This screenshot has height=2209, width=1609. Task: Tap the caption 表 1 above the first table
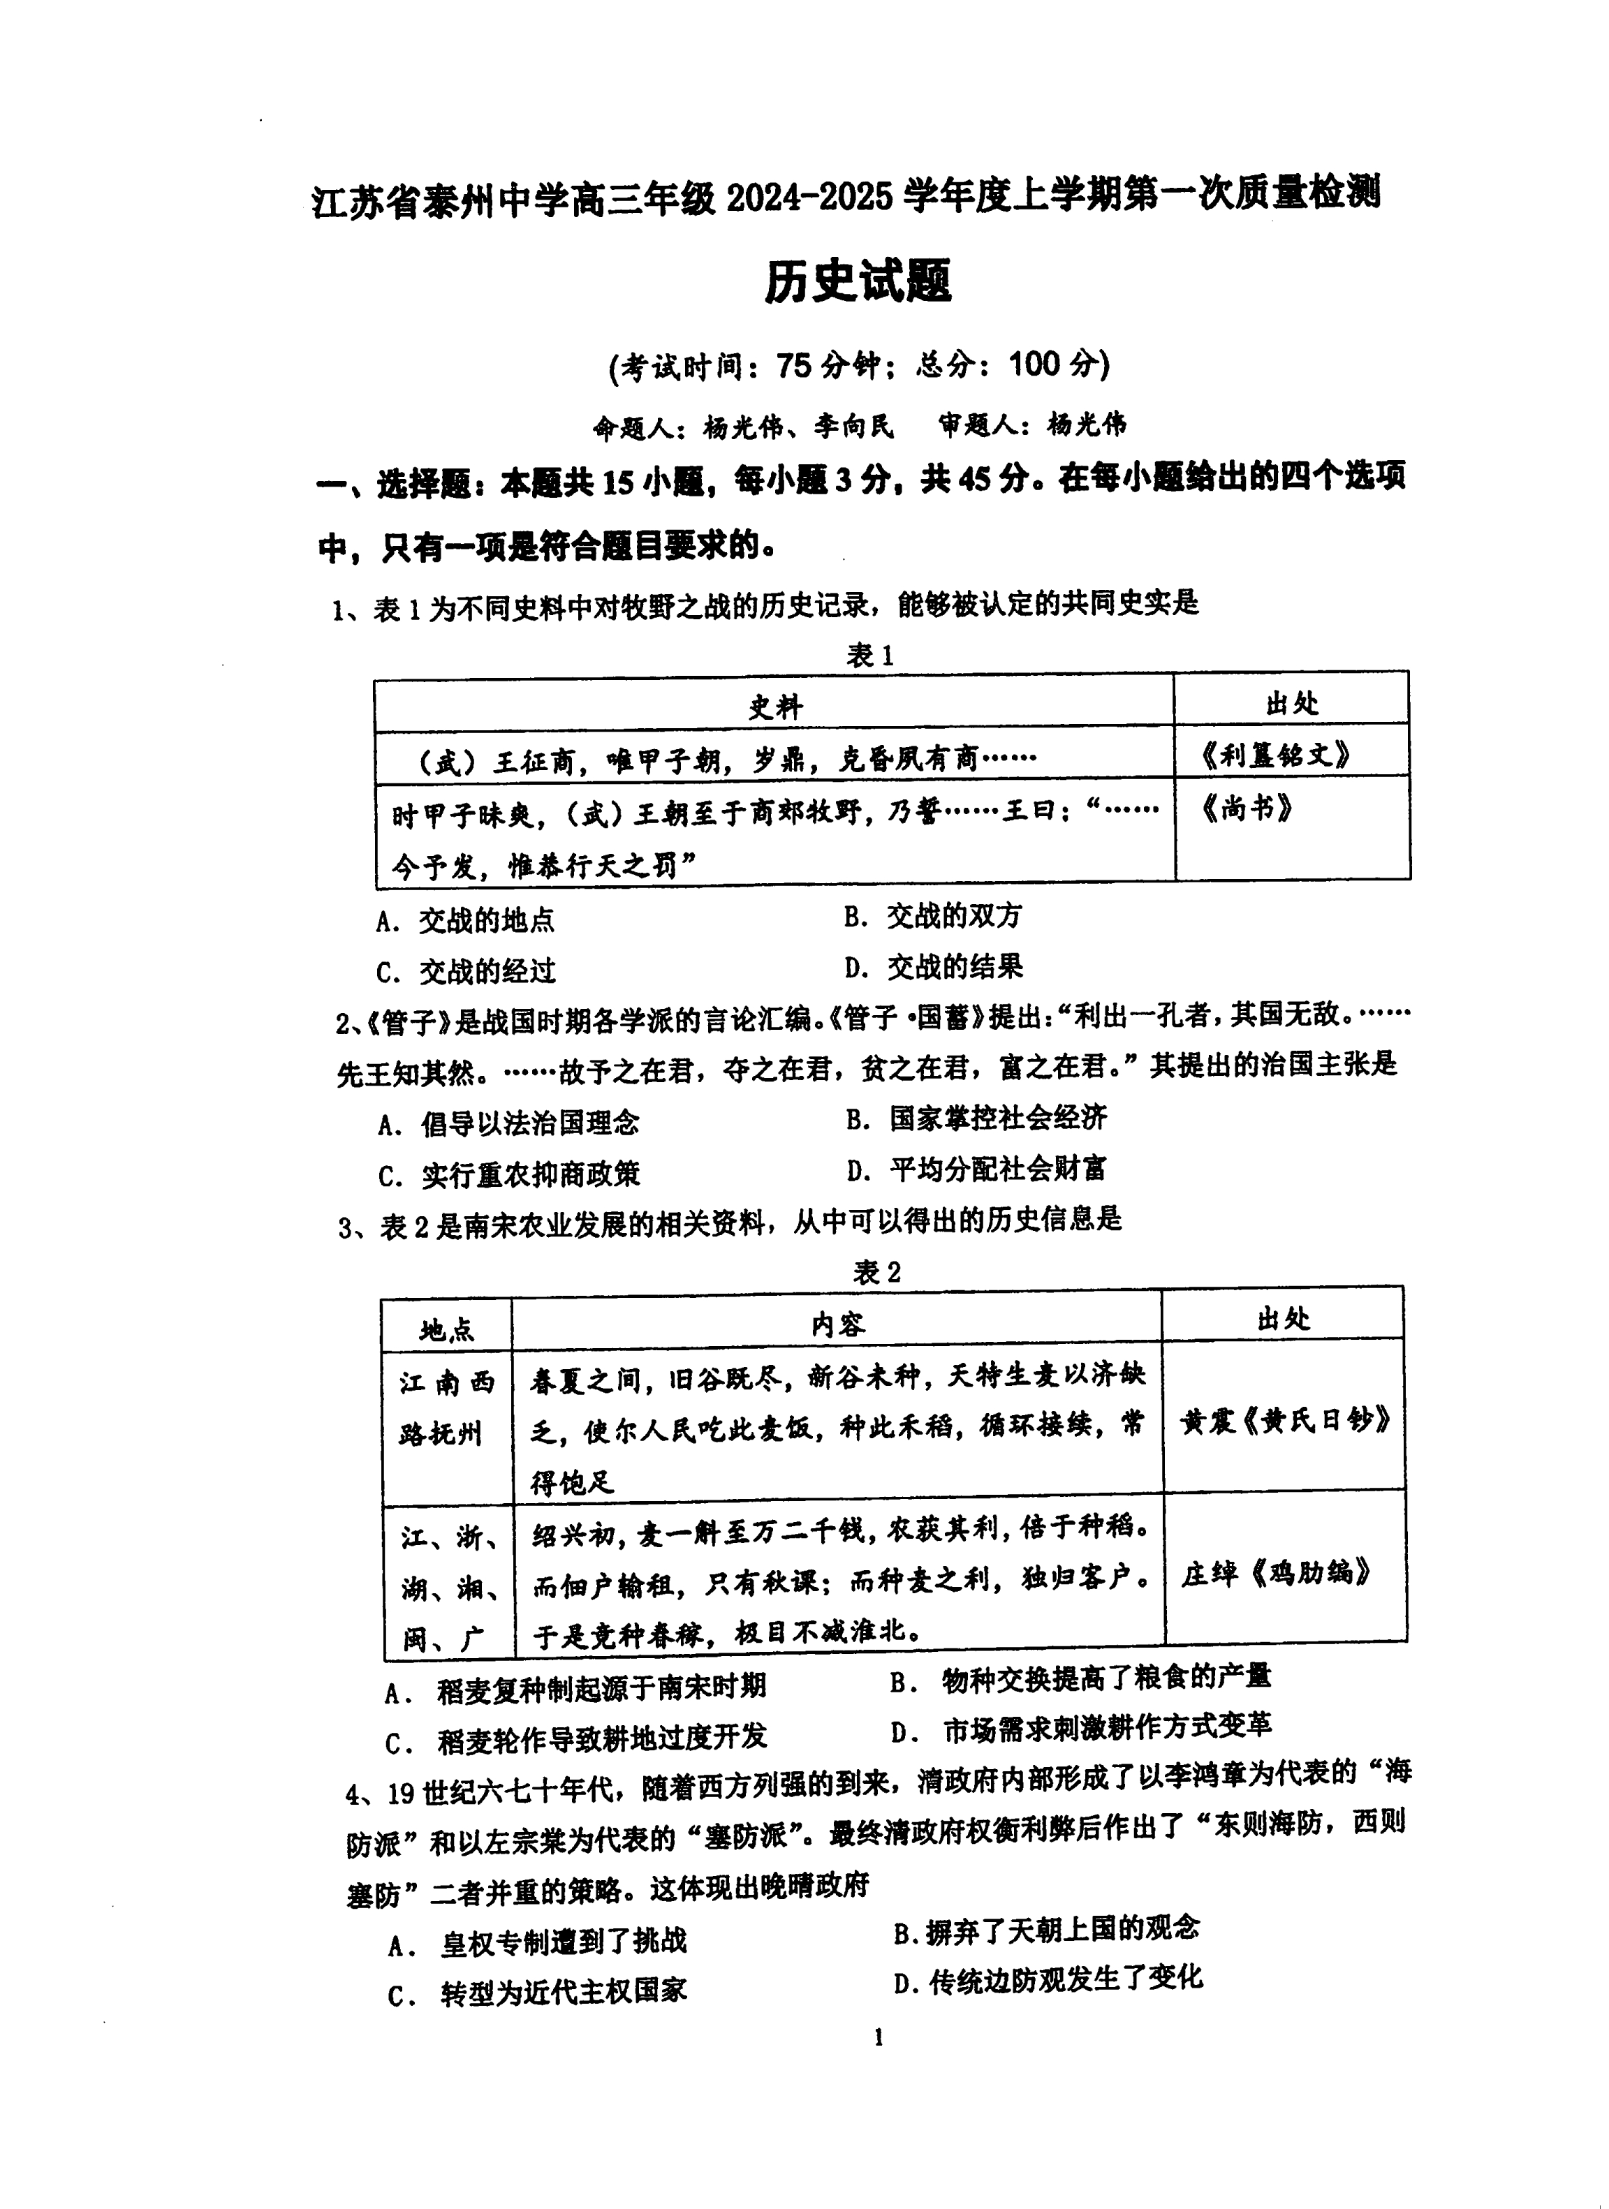click(x=869, y=656)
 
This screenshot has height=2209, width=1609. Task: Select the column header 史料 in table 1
click(x=774, y=706)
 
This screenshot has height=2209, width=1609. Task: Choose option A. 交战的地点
click(x=466, y=920)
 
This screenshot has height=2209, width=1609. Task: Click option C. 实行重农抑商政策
click(x=509, y=1174)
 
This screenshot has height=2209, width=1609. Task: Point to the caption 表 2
click(x=876, y=1272)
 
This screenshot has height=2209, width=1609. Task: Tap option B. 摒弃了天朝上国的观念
click(x=1046, y=1928)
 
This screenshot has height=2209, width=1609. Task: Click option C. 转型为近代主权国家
click(x=538, y=1991)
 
